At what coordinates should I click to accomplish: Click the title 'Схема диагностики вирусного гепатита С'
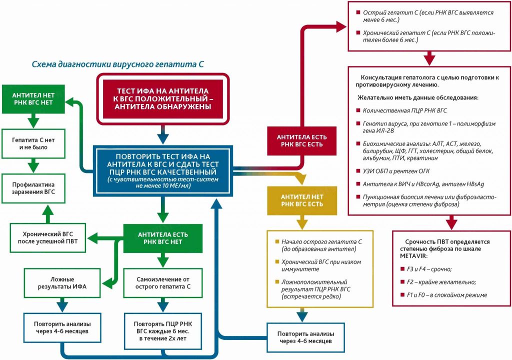coord(118,64)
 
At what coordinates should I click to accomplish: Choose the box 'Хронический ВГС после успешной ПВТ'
coord(48,237)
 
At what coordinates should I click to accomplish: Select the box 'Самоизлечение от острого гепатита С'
coord(161,282)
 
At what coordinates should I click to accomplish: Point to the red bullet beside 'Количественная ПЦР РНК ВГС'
coord(358,110)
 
